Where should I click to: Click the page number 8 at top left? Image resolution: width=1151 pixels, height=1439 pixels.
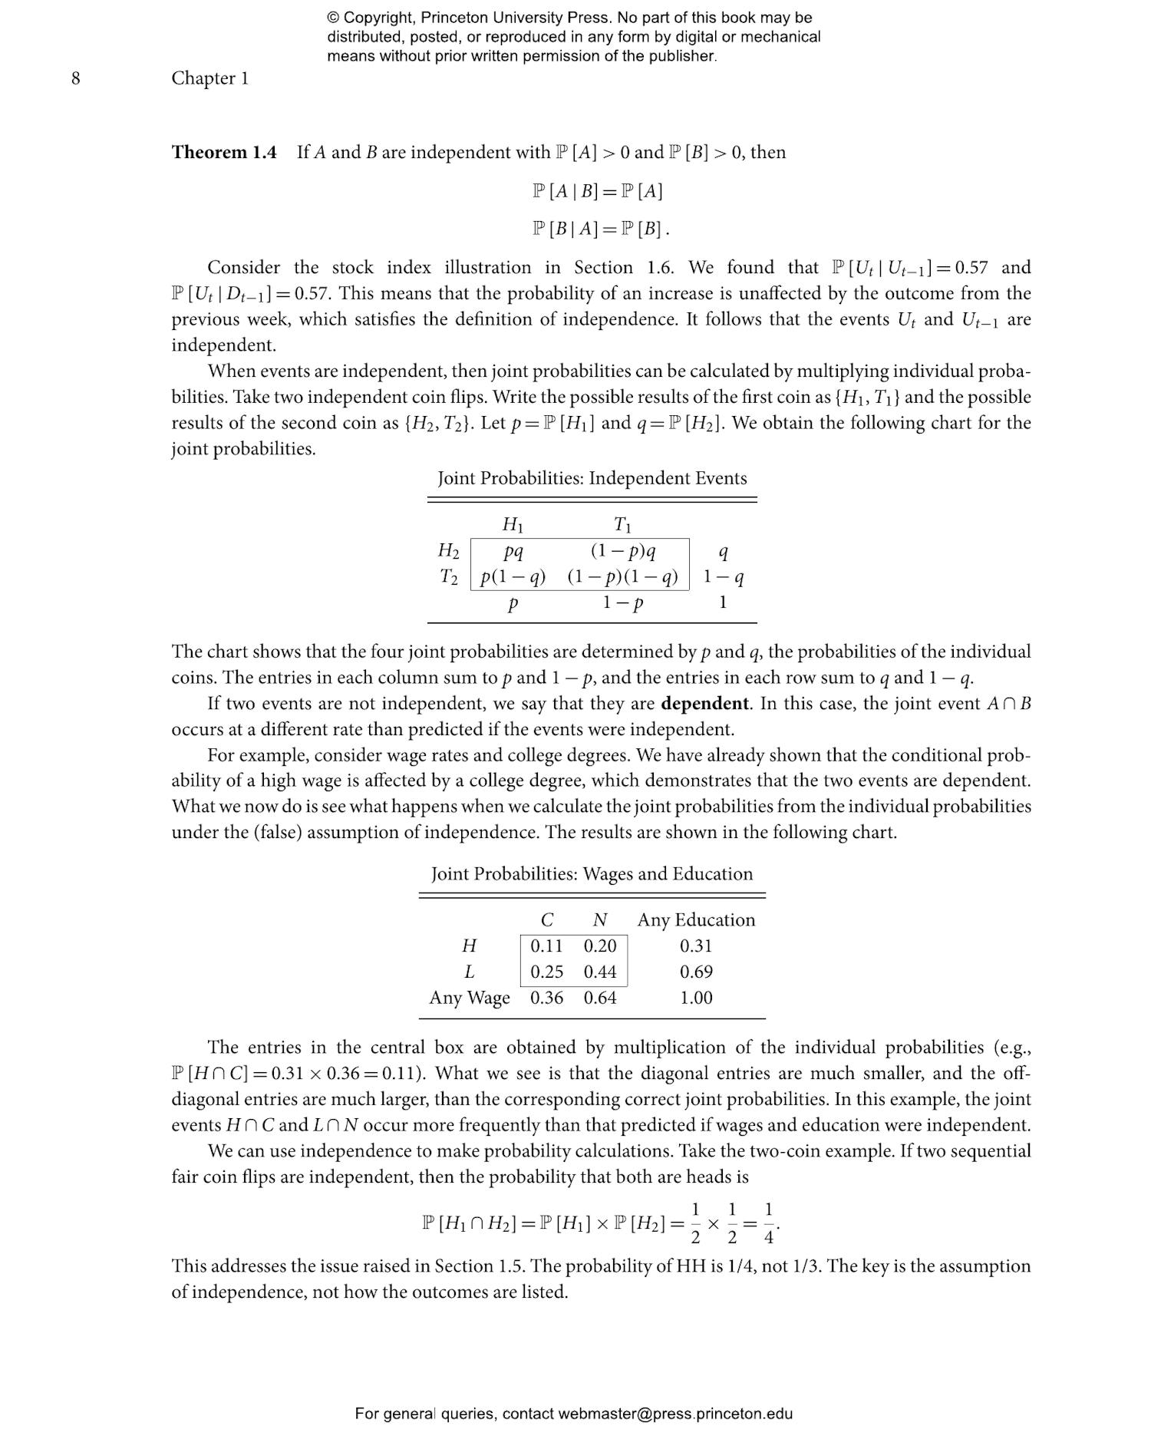point(75,78)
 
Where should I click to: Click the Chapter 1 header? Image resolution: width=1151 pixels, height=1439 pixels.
point(209,78)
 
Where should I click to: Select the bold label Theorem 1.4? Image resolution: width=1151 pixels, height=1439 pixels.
point(223,152)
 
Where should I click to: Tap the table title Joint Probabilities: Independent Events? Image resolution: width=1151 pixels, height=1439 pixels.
point(592,478)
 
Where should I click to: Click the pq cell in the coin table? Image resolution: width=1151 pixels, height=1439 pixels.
point(513,551)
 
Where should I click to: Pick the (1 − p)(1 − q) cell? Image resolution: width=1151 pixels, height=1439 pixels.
point(622,577)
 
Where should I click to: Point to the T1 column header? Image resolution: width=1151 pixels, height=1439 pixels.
point(622,525)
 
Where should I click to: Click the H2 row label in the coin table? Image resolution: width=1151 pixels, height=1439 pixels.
point(448,551)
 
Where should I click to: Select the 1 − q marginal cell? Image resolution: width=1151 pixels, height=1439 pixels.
point(723,577)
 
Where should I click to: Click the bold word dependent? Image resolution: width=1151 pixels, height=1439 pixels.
point(704,704)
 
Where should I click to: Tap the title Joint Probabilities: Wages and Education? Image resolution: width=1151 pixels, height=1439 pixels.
point(592,874)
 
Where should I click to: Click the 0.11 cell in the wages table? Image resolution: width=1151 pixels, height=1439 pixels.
point(546,946)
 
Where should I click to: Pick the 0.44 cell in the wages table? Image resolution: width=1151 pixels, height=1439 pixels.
point(600,972)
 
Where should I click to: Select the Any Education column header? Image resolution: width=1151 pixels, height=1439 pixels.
point(696,920)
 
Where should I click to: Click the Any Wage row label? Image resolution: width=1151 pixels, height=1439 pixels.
point(469,998)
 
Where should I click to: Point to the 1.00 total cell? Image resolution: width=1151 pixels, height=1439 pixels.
point(696,998)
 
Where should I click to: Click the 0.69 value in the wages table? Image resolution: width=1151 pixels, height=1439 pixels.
point(696,972)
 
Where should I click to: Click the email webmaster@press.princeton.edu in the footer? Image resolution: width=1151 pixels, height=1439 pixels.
point(675,1414)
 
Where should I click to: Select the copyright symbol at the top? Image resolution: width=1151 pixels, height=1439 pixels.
point(333,18)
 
